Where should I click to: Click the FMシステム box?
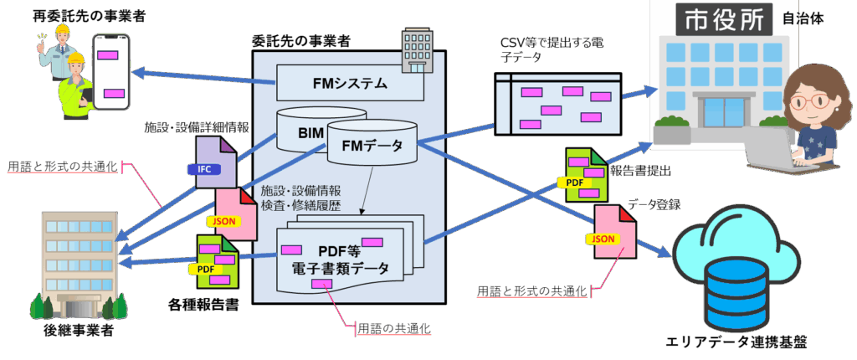point(350,83)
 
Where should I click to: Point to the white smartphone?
point(112,71)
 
